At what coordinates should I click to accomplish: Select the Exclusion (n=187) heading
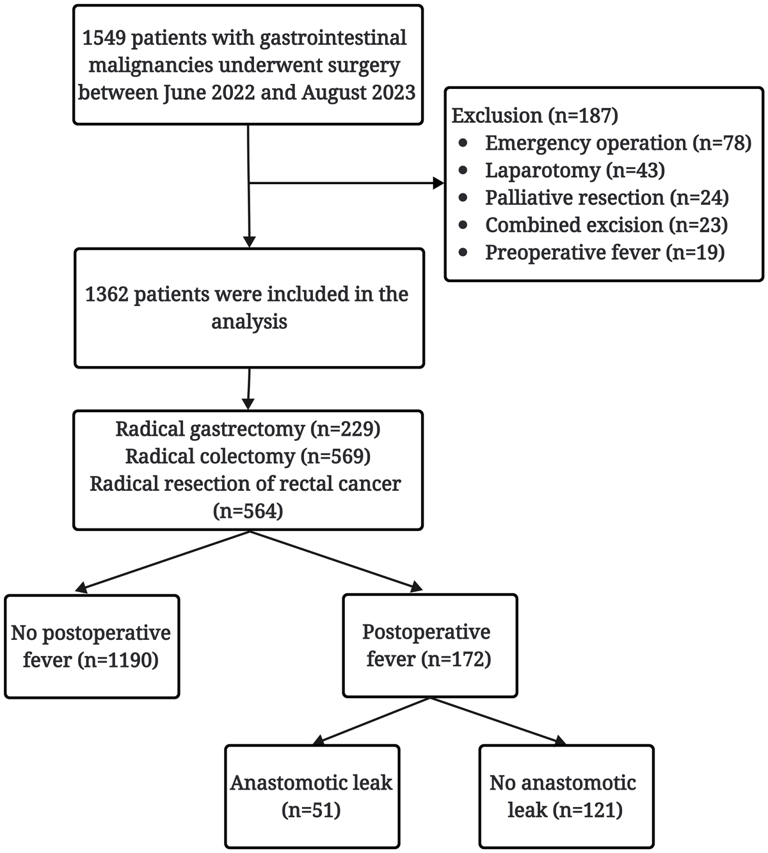[x=534, y=115]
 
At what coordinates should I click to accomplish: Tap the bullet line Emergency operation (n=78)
[x=618, y=143]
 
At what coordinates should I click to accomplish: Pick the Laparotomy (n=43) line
[x=575, y=170]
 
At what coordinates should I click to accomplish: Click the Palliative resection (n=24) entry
[x=607, y=198]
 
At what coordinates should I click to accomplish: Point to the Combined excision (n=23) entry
[x=606, y=225]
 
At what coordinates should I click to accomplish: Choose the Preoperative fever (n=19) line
[x=604, y=253]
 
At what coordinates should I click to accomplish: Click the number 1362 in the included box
[x=106, y=294]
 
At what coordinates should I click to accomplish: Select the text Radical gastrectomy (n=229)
[x=248, y=429]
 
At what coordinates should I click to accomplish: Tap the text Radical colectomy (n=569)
[x=248, y=456]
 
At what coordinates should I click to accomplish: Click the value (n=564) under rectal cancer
[x=248, y=511]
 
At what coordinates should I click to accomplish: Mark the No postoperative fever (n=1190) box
[x=92, y=646]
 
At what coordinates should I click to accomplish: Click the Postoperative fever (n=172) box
[x=429, y=645]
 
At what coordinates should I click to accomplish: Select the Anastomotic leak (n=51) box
[x=312, y=796]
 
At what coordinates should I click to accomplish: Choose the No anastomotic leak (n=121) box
[x=566, y=796]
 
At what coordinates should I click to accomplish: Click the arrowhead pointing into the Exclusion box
[x=438, y=184]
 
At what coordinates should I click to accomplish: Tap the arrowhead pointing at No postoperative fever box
[x=81, y=587]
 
